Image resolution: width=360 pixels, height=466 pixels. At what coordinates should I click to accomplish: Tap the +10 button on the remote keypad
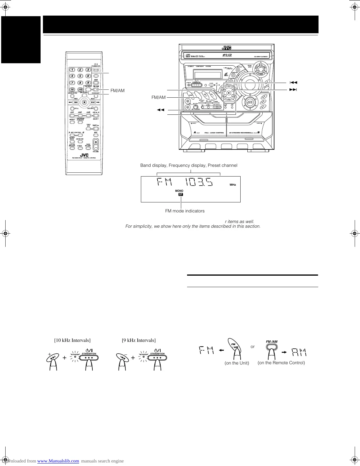pos(80,89)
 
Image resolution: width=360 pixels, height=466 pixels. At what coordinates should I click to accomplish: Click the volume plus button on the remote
pos(96,142)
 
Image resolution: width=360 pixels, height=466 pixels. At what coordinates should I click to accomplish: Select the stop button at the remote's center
pos(84,102)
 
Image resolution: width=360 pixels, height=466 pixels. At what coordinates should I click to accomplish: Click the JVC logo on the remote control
pos(84,155)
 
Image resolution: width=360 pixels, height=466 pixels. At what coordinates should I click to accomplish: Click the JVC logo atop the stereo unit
pos(226,48)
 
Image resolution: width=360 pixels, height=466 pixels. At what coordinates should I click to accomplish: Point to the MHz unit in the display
pos(233,185)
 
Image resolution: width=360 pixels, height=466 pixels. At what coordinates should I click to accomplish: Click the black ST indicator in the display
pos(181,194)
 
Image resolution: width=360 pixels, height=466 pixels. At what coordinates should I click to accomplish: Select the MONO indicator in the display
pos(179,191)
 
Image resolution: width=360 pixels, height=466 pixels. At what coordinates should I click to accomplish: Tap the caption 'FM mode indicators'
pos(185,211)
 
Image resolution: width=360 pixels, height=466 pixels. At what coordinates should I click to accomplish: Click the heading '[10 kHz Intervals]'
pos(72,340)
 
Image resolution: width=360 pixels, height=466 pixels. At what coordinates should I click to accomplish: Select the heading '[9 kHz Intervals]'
pos(139,340)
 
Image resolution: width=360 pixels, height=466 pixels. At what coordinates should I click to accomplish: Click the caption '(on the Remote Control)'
pos(281,363)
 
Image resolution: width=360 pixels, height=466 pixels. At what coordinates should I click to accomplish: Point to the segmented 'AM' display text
pos(299,352)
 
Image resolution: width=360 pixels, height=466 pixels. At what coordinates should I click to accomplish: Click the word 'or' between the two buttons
pos(252,347)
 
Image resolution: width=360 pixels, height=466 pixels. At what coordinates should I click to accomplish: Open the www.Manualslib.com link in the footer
pos(58,461)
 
